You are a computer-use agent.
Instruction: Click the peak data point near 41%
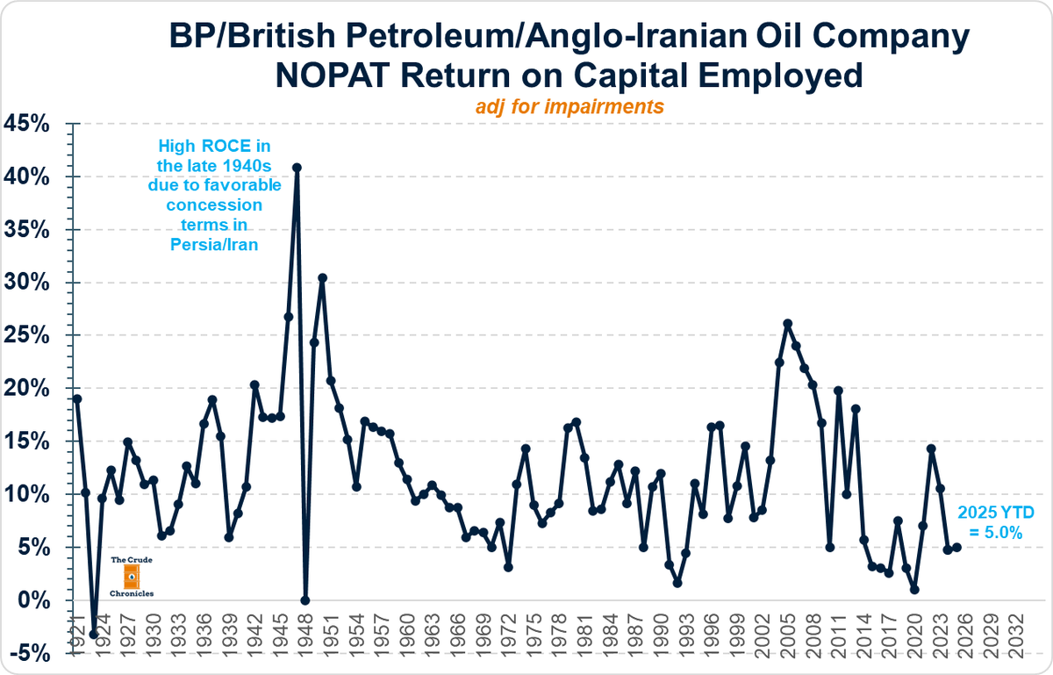tap(297, 167)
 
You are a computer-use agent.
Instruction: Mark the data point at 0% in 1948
tap(305, 600)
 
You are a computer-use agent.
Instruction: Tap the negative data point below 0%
tap(94, 634)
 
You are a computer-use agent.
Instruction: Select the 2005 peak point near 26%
tap(787, 324)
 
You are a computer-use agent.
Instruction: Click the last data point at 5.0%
tap(956, 547)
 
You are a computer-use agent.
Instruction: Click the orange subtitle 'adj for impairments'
tap(569, 106)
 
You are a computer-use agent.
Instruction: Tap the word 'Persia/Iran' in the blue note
tap(214, 245)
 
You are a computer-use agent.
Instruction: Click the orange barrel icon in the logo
tap(132, 576)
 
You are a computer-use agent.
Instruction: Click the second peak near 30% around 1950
tap(322, 277)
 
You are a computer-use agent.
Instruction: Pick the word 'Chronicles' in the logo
tap(132, 593)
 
